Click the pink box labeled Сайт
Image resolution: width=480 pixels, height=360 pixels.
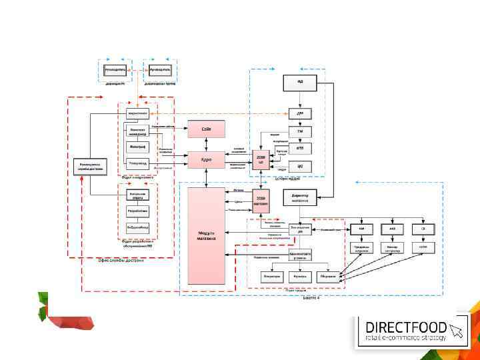point(206,128)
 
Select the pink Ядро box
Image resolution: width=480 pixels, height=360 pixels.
point(206,160)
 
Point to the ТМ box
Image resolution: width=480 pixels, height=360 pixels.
point(300,131)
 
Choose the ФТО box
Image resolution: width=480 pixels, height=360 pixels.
point(300,149)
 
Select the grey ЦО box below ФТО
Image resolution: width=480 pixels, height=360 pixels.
point(300,165)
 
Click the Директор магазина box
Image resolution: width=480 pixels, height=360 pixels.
point(300,198)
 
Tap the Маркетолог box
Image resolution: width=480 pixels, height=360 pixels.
point(137,114)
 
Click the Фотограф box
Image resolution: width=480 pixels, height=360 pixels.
point(137,147)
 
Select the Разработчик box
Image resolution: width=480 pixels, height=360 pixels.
point(137,211)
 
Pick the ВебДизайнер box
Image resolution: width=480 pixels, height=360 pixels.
point(137,227)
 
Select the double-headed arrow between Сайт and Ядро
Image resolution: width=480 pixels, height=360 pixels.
point(207,144)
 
